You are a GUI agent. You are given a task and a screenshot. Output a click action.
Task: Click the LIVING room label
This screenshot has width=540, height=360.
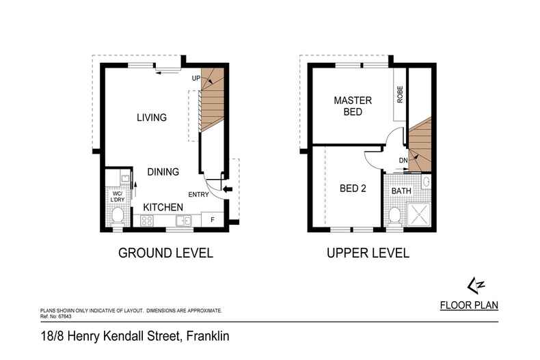point(152,117)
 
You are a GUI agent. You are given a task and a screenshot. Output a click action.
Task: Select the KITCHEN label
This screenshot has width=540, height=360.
point(163,206)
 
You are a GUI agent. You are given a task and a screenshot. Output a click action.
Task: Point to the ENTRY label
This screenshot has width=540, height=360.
point(198,195)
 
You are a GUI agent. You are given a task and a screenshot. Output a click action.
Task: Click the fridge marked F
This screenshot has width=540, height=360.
point(212,220)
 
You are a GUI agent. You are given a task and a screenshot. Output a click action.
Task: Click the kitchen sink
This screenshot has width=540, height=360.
point(183,220)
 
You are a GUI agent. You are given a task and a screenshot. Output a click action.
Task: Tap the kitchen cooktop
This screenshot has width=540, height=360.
point(146,220)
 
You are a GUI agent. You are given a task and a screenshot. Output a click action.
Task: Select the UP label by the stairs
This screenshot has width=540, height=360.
point(195,79)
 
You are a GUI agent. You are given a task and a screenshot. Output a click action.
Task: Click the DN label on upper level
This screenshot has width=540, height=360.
point(403,161)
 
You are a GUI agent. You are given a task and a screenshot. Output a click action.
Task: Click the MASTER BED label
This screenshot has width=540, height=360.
point(353,107)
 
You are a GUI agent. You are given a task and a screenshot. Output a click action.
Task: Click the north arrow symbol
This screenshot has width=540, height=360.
point(471,283)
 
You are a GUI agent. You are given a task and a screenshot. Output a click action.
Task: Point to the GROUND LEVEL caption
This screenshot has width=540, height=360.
point(166,253)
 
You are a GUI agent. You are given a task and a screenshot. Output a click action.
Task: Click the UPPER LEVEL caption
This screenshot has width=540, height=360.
point(368,253)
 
